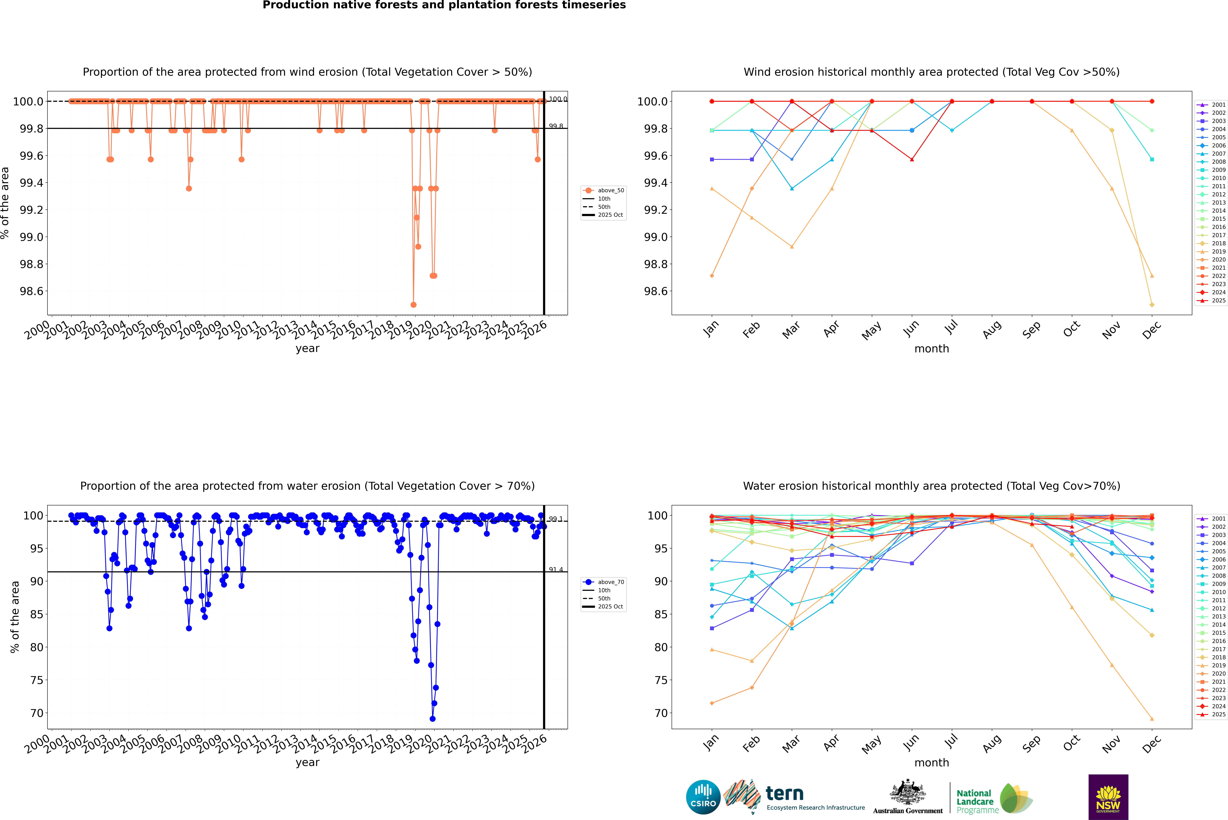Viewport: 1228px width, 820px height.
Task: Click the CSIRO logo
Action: [x=703, y=797]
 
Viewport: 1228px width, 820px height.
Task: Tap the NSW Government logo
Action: [x=1108, y=797]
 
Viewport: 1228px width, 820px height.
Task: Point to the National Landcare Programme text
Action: [x=975, y=801]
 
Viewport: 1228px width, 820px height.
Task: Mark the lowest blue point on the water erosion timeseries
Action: [x=432, y=719]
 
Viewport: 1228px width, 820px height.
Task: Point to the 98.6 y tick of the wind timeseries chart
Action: [x=31, y=291]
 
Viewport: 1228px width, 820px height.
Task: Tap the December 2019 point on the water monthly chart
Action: [x=1152, y=719]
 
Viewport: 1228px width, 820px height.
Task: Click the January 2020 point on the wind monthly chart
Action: [x=712, y=276]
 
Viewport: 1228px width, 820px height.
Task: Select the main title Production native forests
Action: [x=444, y=5]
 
